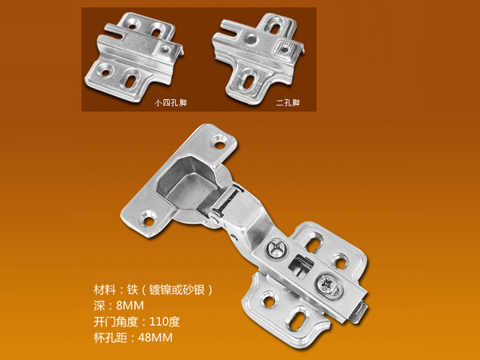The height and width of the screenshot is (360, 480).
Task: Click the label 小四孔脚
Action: tap(170, 102)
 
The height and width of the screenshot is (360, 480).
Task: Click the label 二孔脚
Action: tap(287, 102)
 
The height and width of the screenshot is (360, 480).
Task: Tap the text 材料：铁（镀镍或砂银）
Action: tap(153, 290)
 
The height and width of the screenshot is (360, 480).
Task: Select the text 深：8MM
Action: tap(118, 306)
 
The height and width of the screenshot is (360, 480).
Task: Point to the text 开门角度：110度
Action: tap(137, 322)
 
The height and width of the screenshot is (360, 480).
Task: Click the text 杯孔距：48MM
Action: tap(133, 338)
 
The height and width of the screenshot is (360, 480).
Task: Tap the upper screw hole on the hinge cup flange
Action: tap(220, 142)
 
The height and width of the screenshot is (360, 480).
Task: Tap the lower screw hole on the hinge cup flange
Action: tap(148, 219)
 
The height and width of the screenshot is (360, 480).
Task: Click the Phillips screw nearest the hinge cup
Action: tap(277, 248)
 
